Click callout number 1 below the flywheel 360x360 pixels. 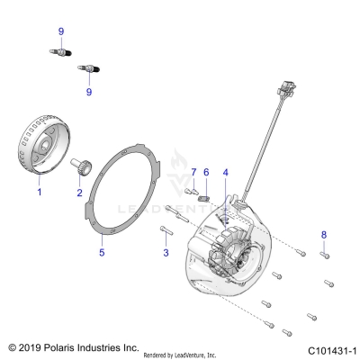coord(40,192)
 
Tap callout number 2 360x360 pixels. coord(79,193)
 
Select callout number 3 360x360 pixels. coord(166,253)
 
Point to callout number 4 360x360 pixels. coord(225,173)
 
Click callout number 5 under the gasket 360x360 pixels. coord(102,253)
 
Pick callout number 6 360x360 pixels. coord(206,173)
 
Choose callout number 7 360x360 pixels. coord(193,173)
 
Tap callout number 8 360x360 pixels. coord(324,235)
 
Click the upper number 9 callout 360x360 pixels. coord(61,31)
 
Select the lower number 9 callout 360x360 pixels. coord(89,92)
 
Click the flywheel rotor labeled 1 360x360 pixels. coord(44,144)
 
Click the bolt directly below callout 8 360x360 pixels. coord(324,256)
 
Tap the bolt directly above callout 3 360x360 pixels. coord(166,230)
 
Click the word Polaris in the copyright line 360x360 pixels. coord(59,347)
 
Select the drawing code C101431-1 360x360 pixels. coord(332,351)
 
